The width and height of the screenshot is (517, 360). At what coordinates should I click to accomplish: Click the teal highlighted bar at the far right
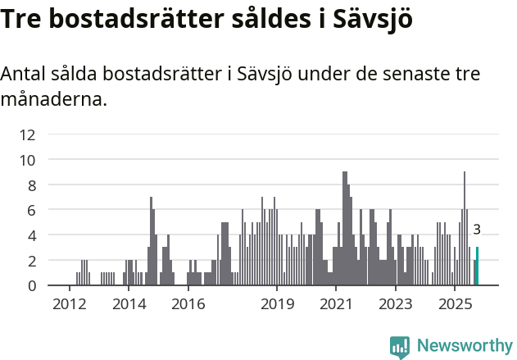pos(477,267)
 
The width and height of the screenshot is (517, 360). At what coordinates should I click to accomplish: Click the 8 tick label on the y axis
pos(31,185)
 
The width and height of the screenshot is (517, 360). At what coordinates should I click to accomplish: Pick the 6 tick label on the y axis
pos(31,210)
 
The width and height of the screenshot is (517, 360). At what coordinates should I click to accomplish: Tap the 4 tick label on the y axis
pos(31,235)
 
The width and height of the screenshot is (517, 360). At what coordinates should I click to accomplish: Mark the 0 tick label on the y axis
pos(31,285)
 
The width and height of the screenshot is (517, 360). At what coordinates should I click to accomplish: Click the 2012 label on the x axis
pos(69,304)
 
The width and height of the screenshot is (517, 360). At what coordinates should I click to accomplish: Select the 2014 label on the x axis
pos(129,304)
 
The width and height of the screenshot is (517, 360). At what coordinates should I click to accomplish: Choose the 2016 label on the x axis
pos(188,304)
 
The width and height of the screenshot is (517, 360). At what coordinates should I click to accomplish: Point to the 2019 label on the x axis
pos(277,304)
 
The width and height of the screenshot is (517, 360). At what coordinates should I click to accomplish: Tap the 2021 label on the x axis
pos(336,304)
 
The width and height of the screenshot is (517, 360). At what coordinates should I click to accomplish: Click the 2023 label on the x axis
pos(396,304)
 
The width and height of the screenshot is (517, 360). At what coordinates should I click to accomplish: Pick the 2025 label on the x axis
pos(455,304)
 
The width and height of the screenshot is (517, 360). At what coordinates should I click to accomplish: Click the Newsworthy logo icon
pos(400,347)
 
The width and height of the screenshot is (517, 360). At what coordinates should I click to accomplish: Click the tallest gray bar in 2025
pos(465,229)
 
